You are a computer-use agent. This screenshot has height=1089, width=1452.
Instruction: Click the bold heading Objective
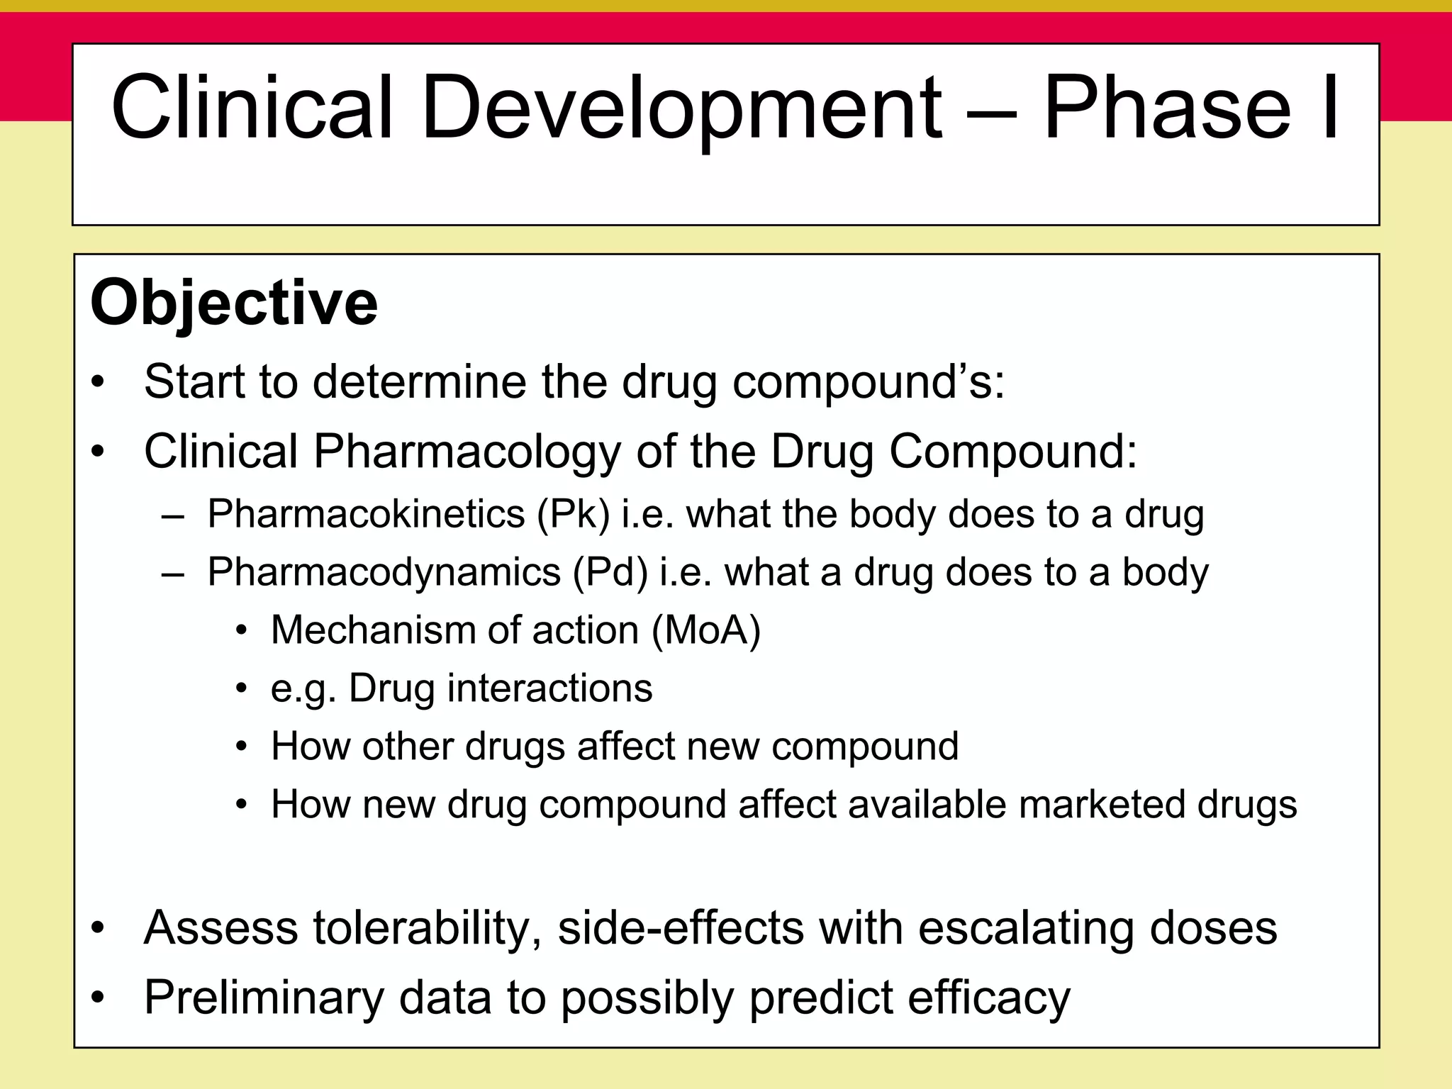pyautogui.click(x=234, y=303)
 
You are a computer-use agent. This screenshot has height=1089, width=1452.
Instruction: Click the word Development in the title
pyautogui.click(x=681, y=108)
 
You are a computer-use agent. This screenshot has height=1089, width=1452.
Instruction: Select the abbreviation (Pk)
pyautogui.click(x=573, y=514)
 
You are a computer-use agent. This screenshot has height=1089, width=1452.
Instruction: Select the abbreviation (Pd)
pyautogui.click(x=610, y=572)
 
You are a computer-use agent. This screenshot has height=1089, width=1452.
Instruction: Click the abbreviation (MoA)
pyautogui.click(x=705, y=630)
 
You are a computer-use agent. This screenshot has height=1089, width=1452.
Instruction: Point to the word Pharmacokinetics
pyautogui.click(x=366, y=514)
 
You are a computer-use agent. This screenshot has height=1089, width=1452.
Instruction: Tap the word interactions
pyautogui.click(x=549, y=688)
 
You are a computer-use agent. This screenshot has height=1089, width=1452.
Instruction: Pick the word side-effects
pyautogui.click(x=681, y=928)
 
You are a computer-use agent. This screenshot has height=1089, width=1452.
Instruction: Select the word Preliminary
pyautogui.click(x=264, y=998)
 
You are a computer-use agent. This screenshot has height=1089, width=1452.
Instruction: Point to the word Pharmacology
pyautogui.click(x=467, y=452)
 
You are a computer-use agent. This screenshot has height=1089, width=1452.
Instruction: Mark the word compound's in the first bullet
pyautogui.click(x=868, y=383)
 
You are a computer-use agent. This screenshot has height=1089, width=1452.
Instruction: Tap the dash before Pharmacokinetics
pyautogui.click(x=173, y=515)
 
